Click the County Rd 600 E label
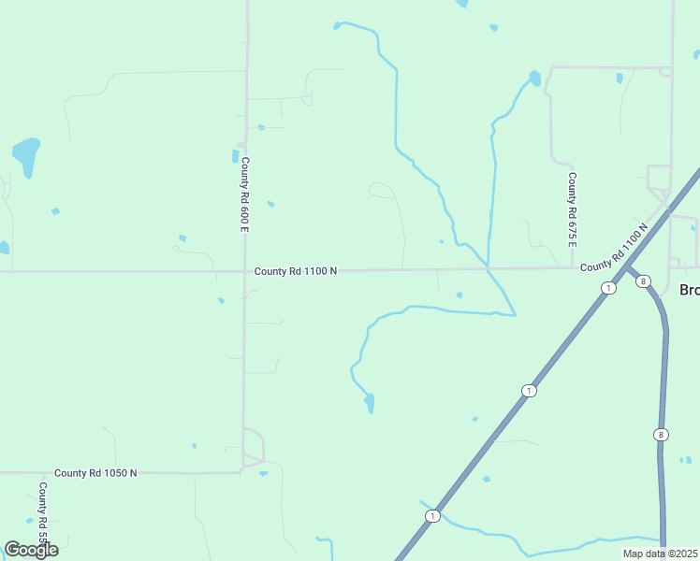click(245, 185)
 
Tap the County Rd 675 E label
click(572, 209)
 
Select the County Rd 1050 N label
click(95, 473)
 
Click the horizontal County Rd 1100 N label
click(295, 271)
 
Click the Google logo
click(31, 550)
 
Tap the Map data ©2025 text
click(659, 554)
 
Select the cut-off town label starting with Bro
click(689, 290)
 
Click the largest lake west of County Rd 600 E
click(26, 155)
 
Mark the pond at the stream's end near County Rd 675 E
click(534, 78)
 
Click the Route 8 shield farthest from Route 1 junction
click(661, 435)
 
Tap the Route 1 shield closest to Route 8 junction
click(609, 288)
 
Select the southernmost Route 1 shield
click(432, 516)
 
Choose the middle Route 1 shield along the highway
click(529, 390)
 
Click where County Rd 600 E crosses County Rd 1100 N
click(245, 271)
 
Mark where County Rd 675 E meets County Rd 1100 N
click(573, 267)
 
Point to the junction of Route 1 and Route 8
click(628, 269)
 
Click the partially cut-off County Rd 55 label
click(43, 514)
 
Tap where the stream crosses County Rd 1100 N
click(487, 268)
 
